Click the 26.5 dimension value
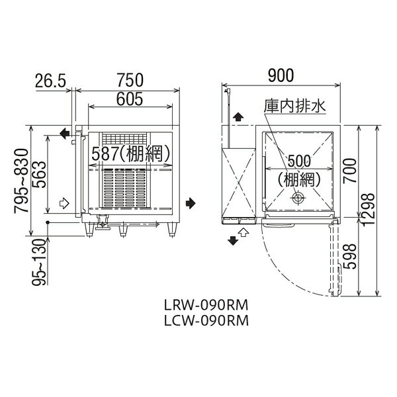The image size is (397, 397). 51,81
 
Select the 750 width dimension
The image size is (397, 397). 130,80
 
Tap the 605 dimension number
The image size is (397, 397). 130,99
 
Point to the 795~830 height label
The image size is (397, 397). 21,181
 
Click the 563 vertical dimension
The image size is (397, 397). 40,175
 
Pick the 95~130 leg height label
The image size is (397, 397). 40,262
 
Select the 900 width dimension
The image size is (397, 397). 281,75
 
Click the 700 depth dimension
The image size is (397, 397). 349,171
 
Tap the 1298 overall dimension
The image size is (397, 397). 368,209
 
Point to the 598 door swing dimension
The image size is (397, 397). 349,257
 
